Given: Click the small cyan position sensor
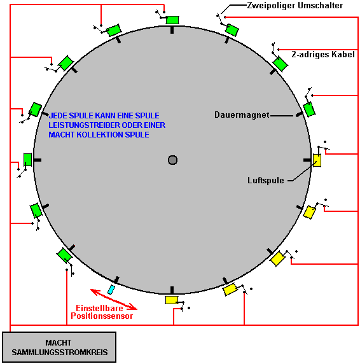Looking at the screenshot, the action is [x=111, y=290].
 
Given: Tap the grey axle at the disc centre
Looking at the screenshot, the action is [x=172, y=160].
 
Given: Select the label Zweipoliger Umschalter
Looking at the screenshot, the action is [x=295, y=5].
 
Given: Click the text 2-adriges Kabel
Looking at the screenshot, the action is [x=323, y=54].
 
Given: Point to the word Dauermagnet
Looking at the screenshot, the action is [x=242, y=115].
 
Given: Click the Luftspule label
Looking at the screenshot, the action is [x=266, y=180].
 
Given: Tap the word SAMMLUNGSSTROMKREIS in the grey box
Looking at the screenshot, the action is [x=60, y=352].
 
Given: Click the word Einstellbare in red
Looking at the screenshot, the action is [x=99, y=308].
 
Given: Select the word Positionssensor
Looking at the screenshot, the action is [x=102, y=316].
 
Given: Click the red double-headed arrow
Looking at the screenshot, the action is [x=114, y=299].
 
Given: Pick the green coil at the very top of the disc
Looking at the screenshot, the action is [x=172, y=20].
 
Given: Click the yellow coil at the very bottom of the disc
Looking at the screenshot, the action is [x=172, y=300].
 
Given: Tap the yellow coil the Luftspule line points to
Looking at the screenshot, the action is [x=317, y=160].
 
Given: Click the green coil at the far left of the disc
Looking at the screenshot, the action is [x=27, y=160].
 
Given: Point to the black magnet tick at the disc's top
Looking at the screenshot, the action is [x=172, y=30].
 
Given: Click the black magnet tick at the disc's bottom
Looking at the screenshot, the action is [x=172, y=290].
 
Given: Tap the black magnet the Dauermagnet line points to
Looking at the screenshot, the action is [x=299, y=114].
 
